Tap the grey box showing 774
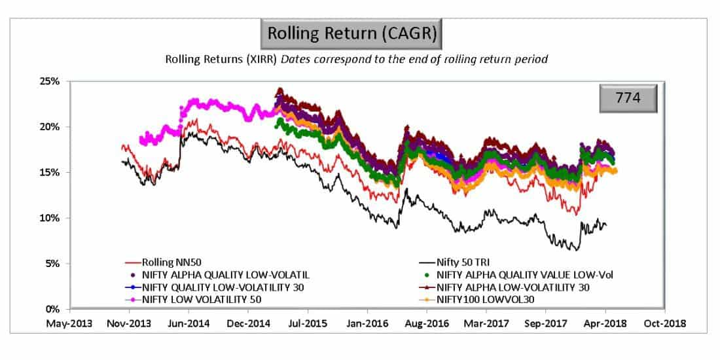(628, 100)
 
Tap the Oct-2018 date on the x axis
(665, 323)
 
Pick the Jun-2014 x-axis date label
(188, 323)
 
